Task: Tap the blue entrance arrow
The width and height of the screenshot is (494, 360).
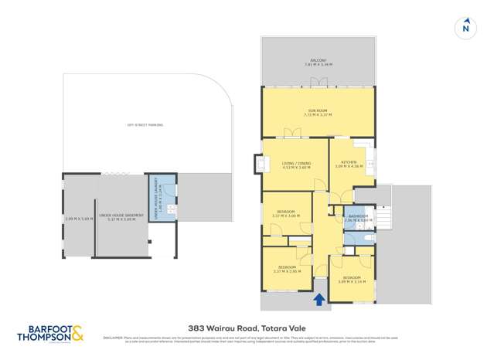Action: pos(319,299)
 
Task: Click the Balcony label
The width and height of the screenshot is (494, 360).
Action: pos(318,62)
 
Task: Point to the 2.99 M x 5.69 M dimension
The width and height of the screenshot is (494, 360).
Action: pos(79,219)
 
